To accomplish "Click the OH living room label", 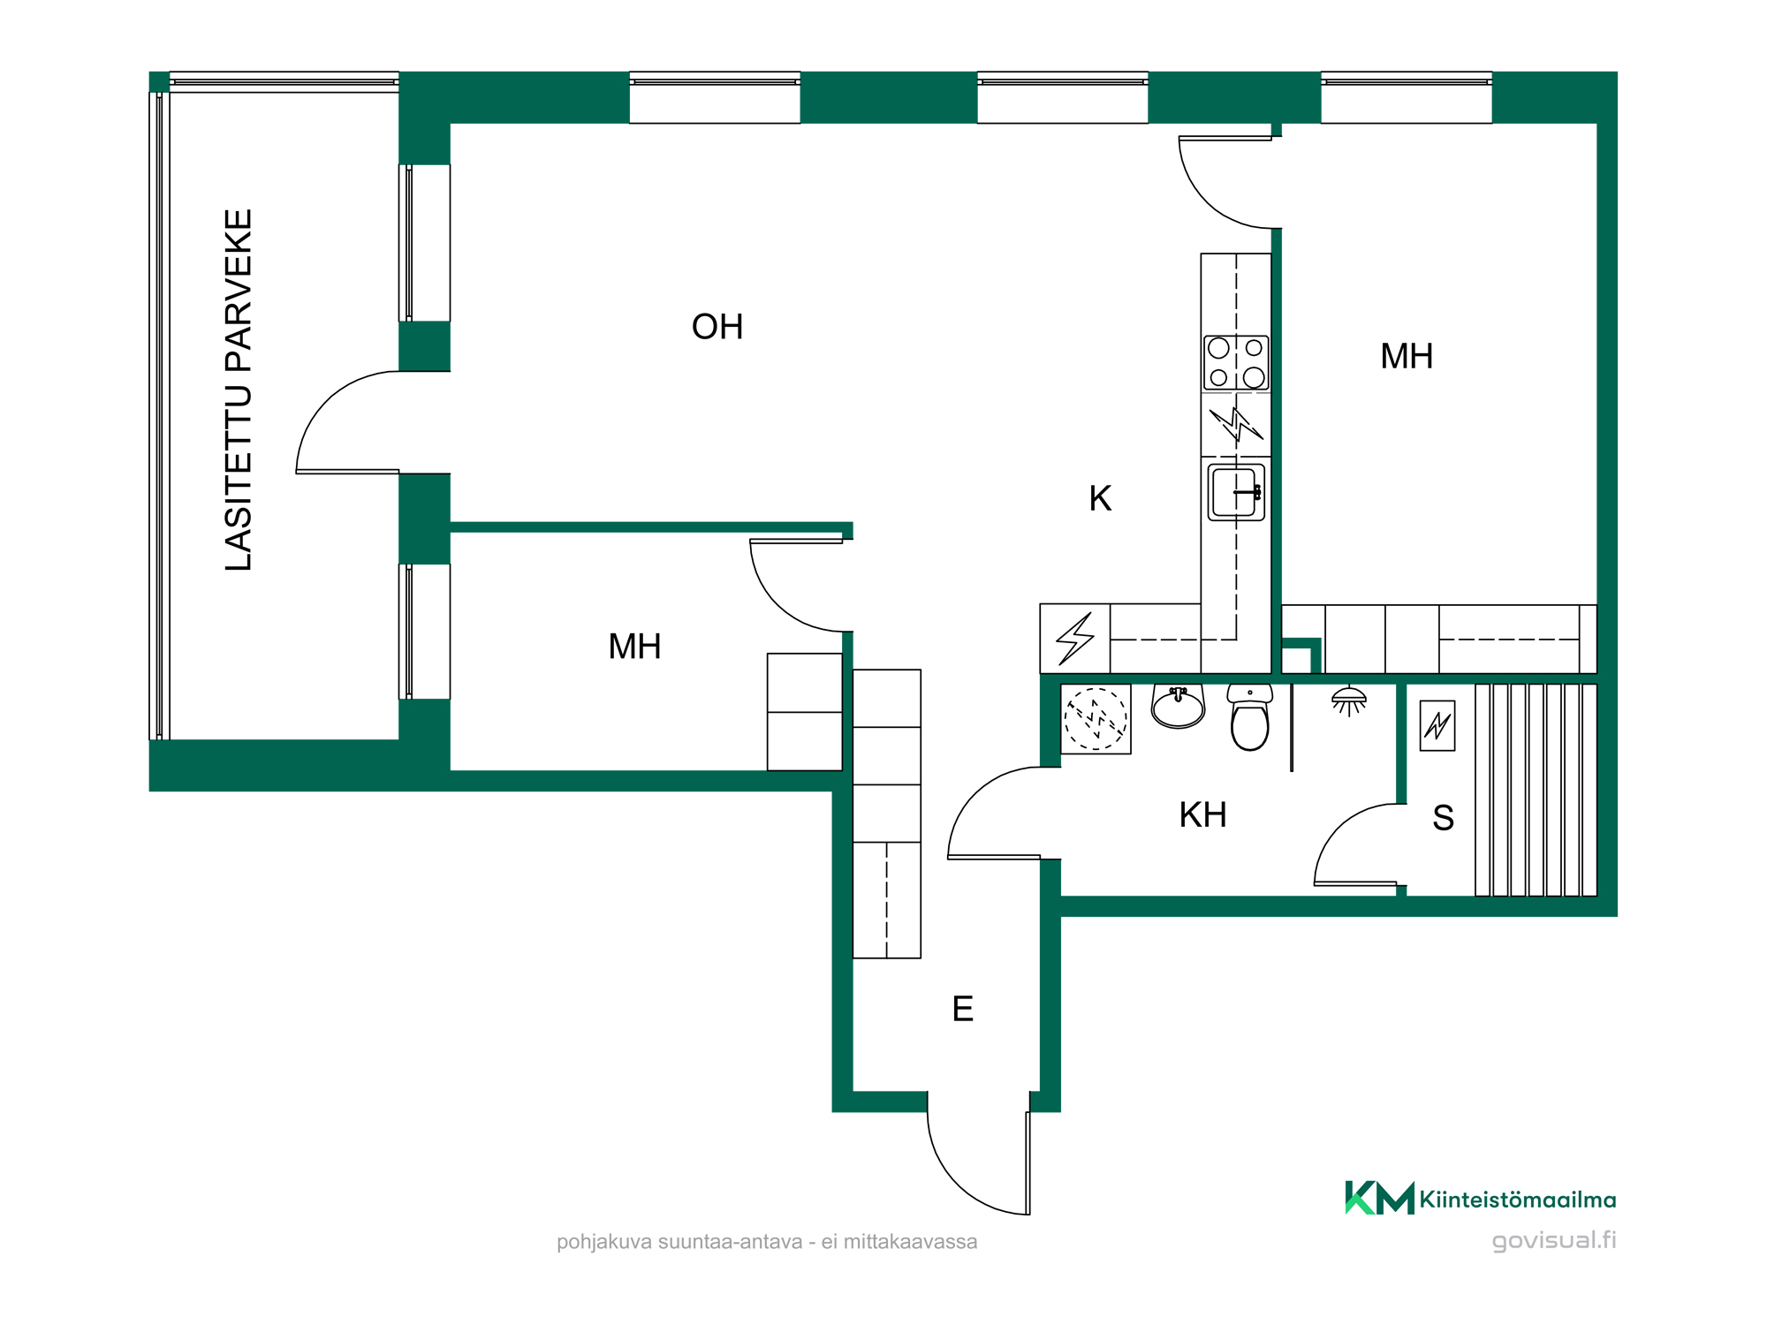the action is [717, 327].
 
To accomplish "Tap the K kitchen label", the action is [1100, 498].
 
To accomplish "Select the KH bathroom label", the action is [1203, 814].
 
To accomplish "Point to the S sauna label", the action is [1443, 818].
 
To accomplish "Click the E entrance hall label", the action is [963, 1009].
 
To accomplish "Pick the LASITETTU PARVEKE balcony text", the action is [239, 390].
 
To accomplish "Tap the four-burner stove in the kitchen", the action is [1236, 362].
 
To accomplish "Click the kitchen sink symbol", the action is [1236, 492].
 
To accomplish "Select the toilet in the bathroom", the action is [1250, 716].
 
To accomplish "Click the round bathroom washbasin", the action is [1178, 707].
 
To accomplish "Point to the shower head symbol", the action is [1349, 701].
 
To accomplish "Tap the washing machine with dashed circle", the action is [1096, 719].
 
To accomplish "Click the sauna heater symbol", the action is [1437, 725].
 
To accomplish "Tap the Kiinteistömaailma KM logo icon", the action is [1379, 1198].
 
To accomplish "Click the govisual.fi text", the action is [1554, 1240].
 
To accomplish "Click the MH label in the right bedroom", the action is [1407, 357].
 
